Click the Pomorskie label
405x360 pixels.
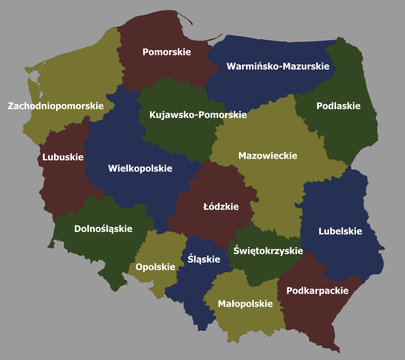[x=167, y=51]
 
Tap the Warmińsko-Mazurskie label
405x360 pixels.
[x=278, y=67]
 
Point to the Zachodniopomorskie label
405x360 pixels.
[x=55, y=105]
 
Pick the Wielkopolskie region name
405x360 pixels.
[x=140, y=169]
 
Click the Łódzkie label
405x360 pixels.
[x=220, y=207]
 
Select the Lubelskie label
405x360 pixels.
[x=340, y=231]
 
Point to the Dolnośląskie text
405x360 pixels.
[x=103, y=229]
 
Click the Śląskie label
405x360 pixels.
[x=203, y=257]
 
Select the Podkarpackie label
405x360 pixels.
[x=317, y=291]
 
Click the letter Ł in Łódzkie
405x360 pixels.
[x=205, y=207]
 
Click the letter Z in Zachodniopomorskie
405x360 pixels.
[x=11, y=105]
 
